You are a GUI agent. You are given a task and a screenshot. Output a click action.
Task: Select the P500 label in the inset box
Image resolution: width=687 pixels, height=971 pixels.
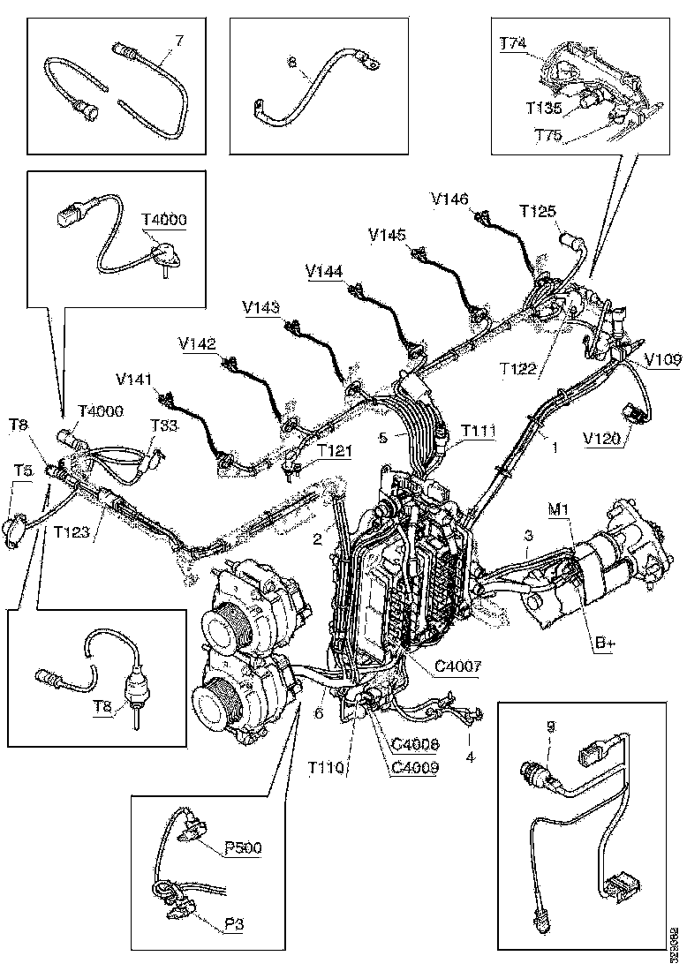[x=242, y=848]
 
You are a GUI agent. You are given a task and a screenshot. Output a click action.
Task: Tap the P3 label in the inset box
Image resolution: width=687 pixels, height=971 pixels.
[x=233, y=923]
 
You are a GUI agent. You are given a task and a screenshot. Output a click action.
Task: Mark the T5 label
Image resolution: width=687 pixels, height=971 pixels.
[x=24, y=470]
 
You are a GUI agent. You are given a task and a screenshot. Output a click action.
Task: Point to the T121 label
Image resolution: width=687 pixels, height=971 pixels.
[x=336, y=451]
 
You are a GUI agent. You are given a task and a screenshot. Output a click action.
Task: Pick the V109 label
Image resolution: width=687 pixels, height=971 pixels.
[x=662, y=360]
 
